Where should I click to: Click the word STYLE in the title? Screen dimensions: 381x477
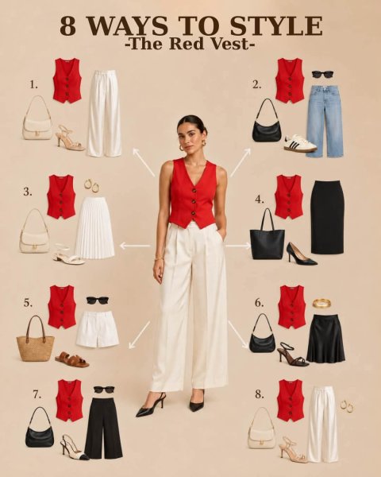[x=276, y=26]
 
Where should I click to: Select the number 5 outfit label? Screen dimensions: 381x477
[x=28, y=303]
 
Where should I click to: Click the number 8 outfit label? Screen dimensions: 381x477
[x=260, y=394]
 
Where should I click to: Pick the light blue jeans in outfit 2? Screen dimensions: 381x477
[x=325, y=121]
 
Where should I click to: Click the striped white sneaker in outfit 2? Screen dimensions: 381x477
[x=301, y=143]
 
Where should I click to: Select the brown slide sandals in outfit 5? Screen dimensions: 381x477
[x=72, y=359]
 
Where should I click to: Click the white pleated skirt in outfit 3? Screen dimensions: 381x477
[x=94, y=228]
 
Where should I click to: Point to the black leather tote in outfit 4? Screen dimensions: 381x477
[x=267, y=235]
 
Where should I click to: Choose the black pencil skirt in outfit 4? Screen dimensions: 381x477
[x=327, y=217]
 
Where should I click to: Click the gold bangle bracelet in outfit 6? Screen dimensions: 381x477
[x=322, y=303]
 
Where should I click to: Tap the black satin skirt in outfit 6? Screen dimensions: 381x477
[x=325, y=339]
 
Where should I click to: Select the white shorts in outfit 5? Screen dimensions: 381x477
[x=97, y=329]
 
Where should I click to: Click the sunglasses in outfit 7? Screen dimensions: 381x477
[x=104, y=390]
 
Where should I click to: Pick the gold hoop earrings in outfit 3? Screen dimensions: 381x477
[x=92, y=185]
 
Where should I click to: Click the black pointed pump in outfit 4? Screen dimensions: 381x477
[x=302, y=254]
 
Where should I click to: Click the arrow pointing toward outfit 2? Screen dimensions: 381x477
[x=240, y=162]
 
